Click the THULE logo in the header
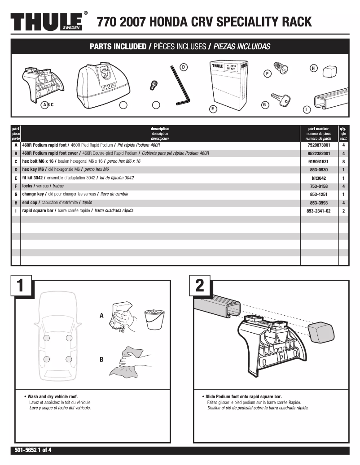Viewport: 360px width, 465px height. [46, 22]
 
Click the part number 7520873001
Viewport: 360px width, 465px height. [319, 145]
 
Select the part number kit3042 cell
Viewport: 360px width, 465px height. [319, 178]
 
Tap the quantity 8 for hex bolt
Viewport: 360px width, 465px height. [343, 161]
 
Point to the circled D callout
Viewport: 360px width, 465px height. [183, 67]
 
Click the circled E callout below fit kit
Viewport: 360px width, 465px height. [212, 109]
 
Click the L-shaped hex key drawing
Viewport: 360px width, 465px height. [180, 85]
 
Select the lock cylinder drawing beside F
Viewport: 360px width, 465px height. [281, 69]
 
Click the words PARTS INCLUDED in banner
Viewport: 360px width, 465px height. [118, 47]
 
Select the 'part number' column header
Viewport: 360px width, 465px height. [319, 129]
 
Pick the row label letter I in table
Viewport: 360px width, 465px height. [16, 211]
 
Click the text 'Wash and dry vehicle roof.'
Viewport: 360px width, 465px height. [53, 397]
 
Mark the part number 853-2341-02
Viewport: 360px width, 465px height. [319, 211]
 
